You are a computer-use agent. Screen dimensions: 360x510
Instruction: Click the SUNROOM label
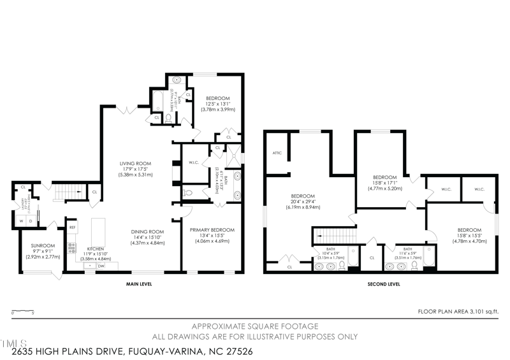pos(41,245)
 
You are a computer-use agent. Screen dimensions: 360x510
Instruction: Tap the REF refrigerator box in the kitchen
pos(72,227)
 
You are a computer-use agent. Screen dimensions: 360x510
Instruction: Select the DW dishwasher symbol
pos(101,267)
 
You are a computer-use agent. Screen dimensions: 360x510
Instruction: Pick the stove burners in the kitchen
pos(71,248)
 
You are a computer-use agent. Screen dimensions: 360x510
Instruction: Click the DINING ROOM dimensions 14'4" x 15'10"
pos(147,238)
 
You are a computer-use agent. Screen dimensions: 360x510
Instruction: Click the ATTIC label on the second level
pos(277,153)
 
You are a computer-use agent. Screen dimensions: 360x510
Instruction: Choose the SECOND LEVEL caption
pos(383,284)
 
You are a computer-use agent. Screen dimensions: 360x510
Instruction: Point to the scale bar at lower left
pos(23,312)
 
